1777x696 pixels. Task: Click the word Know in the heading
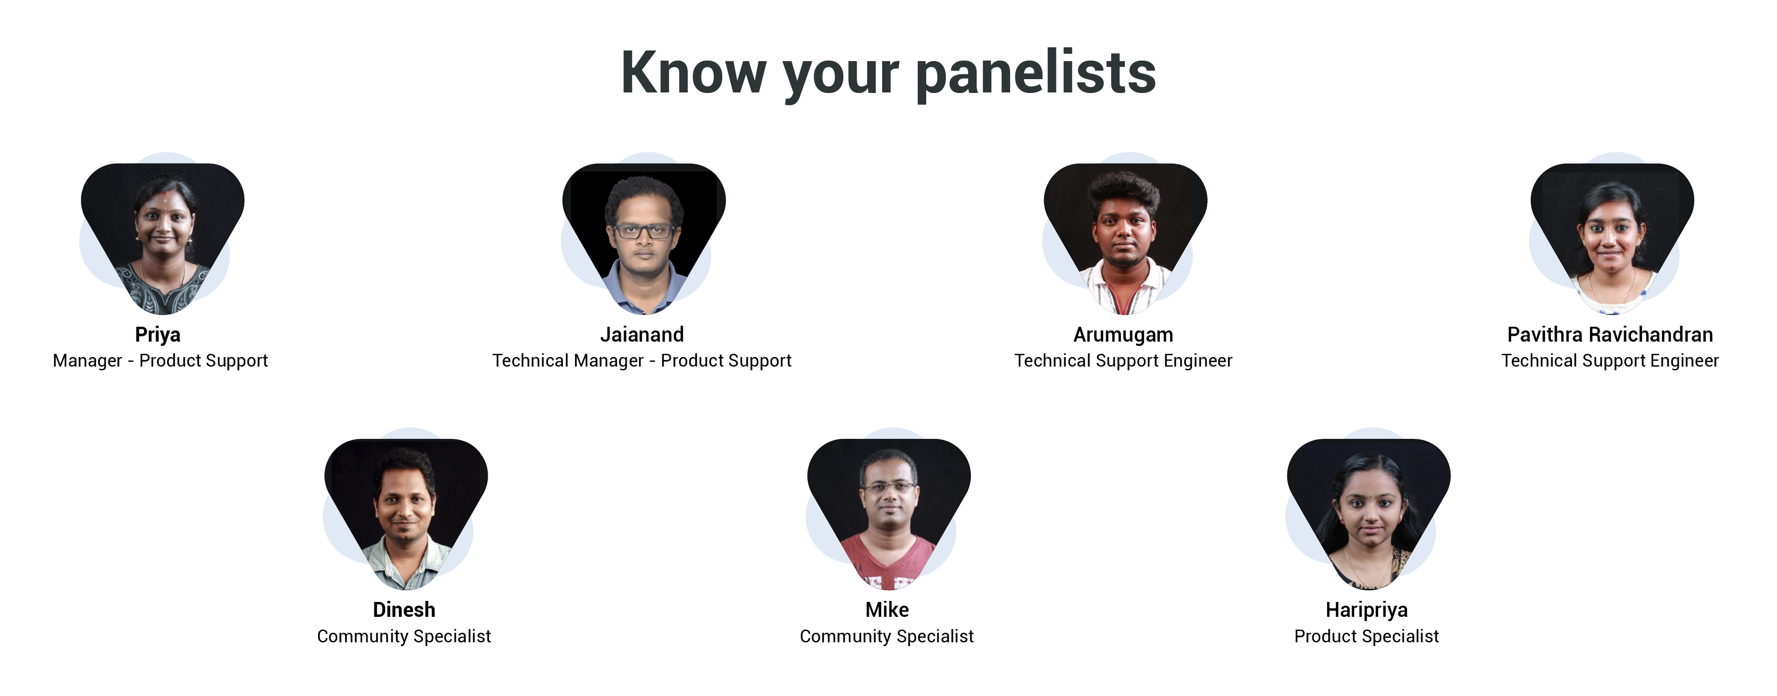(x=693, y=72)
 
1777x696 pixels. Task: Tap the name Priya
(x=158, y=335)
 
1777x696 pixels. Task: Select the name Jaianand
(x=642, y=335)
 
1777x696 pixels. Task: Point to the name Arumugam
(x=1123, y=335)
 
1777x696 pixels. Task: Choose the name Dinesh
(x=404, y=610)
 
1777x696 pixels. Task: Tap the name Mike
(x=887, y=610)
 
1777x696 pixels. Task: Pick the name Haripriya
(x=1366, y=610)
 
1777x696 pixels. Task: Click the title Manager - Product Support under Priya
(x=160, y=361)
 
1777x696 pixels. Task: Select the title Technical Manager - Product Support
(x=642, y=361)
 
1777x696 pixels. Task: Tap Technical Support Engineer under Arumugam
(x=1123, y=361)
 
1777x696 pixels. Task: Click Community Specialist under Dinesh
(x=404, y=636)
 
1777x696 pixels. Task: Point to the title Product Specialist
(x=1366, y=636)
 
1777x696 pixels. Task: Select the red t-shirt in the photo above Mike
(x=889, y=562)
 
